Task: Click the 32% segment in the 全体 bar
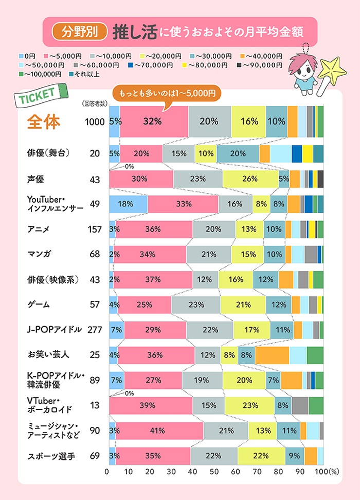pos(154,121)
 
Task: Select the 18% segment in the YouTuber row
pos(128,204)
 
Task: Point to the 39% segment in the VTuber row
pos(151,405)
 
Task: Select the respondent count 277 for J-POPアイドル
pos(94,330)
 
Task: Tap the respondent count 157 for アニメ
pos(94,229)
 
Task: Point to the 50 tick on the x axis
pos(214,472)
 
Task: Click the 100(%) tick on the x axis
pos(323,472)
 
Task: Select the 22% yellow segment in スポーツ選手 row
pos(261,456)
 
